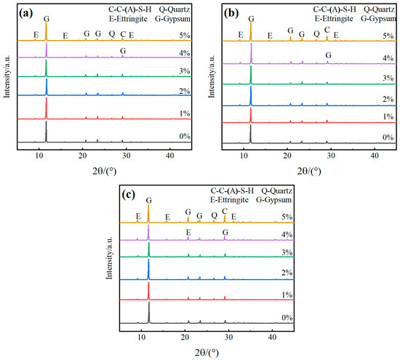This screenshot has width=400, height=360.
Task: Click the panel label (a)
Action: coord(26,13)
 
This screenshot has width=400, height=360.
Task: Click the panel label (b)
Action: coord(231,13)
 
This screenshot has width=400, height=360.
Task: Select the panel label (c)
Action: coord(128,195)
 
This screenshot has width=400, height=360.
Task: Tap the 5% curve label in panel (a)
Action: coord(185,36)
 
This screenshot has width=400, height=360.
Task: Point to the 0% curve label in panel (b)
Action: coord(388,137)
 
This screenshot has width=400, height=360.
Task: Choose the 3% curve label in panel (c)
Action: coord(287,252)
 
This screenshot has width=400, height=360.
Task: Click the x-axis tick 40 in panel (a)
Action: coord(170,156)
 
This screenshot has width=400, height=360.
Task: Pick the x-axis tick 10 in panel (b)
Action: coord(244,156)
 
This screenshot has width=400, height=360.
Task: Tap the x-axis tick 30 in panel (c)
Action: coord(229,337)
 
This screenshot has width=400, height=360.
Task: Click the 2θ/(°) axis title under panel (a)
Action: coord(105,171)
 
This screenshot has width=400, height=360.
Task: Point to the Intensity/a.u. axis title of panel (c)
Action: coord(109,258)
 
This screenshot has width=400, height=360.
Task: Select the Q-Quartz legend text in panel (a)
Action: coord(175,9)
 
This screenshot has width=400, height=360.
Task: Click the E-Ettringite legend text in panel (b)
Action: coord(334,19)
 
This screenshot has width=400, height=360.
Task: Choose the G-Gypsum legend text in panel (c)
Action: coord(273,200)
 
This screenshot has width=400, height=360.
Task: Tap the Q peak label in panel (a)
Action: coord(112,34)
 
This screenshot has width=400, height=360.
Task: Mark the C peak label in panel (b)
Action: coord(327,30)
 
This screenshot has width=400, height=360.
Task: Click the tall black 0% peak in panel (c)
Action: coord(149,313)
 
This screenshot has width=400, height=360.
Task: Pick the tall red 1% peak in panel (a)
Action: coord(47,108)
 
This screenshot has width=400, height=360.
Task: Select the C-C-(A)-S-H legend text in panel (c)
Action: coord(232,191)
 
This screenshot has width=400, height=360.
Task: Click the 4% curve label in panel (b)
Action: coord(388,58)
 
